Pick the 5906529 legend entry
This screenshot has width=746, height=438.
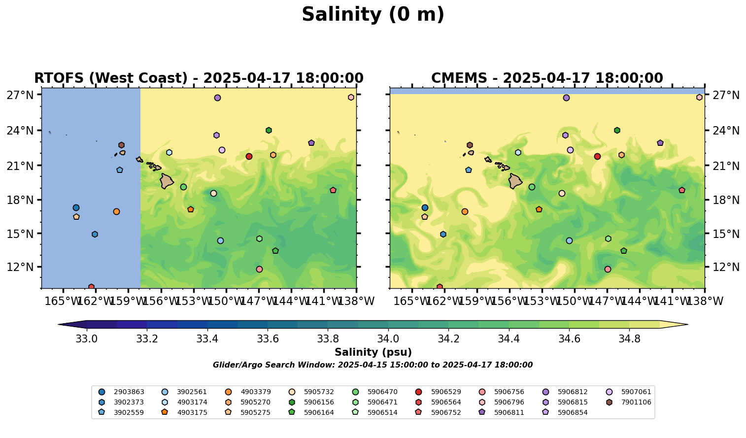point(446,392)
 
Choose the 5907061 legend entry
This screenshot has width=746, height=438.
point(636,392)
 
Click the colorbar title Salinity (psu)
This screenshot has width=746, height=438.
point(373,352)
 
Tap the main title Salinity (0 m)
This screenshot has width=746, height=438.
point(373,15)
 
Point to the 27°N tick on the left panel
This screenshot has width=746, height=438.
point(20,95)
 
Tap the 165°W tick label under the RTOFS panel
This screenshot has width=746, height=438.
point(63,301)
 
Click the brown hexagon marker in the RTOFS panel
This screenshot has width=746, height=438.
point(121,145)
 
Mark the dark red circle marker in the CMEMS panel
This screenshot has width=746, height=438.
point(597,156)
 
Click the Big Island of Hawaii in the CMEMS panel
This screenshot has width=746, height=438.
point(515,181)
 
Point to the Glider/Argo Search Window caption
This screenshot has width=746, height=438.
point(373,365)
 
